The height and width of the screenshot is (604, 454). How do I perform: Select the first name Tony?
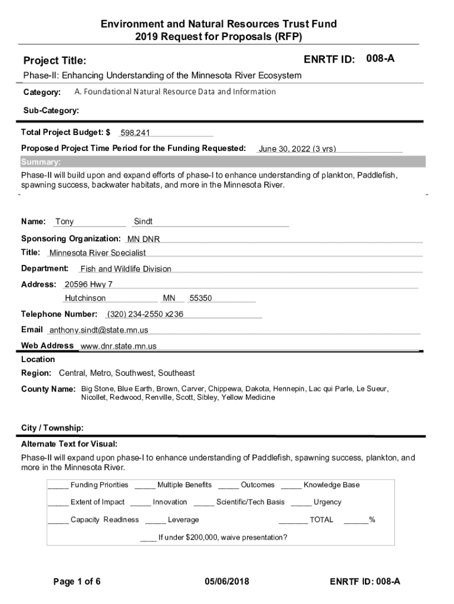64,222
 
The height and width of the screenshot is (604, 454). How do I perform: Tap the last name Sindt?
143,222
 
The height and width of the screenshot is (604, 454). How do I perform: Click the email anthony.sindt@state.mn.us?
98,330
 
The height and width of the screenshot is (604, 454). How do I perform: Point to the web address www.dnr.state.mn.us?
118,346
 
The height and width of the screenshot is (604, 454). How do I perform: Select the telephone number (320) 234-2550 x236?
145,314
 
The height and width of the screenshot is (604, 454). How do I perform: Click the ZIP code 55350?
200,298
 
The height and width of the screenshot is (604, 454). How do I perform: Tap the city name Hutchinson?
85,298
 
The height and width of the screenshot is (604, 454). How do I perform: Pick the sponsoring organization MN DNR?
143,239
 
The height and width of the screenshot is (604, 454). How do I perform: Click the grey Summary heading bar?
223,162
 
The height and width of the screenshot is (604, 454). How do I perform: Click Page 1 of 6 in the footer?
77,582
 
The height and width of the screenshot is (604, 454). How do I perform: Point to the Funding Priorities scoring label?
99,485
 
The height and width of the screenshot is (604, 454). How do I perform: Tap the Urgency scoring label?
327,502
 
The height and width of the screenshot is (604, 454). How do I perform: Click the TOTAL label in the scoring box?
321,520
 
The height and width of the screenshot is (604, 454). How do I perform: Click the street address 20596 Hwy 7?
88,284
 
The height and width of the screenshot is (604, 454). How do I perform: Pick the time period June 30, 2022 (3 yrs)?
297,149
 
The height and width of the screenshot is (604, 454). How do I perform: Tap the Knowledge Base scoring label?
331,485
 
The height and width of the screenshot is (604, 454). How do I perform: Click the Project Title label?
54,61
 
